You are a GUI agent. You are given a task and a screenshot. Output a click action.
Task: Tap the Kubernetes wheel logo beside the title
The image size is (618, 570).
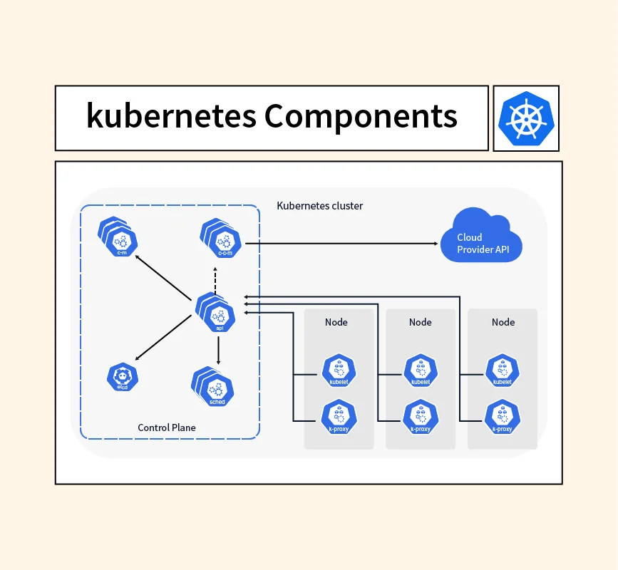click(x=526, y=118)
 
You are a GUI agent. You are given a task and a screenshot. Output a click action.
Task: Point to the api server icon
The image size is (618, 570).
click(x=218, y=313)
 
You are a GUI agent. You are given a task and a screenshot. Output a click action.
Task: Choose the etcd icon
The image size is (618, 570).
click(x=122, y=377)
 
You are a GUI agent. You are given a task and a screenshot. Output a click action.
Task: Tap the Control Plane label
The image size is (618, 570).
click(x=166, y=427)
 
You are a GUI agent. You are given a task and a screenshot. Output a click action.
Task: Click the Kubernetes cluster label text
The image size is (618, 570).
click(x=319, y=206)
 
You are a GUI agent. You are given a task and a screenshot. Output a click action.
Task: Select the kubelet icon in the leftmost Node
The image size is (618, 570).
click(x=339, y=370)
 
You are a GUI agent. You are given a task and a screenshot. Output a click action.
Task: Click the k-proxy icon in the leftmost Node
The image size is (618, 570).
click(x=339, y=418)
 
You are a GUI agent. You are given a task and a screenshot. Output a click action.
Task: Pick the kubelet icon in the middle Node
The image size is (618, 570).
click(x=421, y=370)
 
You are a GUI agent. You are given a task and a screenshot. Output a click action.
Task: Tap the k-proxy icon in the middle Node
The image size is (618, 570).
click(x=421, y=418)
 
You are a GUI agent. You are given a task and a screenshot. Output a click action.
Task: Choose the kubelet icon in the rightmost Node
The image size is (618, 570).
click(x=503, y=370)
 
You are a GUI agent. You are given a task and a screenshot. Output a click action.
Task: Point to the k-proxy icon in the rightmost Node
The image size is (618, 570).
click(x=503, y=418)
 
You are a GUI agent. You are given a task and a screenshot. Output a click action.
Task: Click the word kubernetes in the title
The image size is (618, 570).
click(x=171, y=115)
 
